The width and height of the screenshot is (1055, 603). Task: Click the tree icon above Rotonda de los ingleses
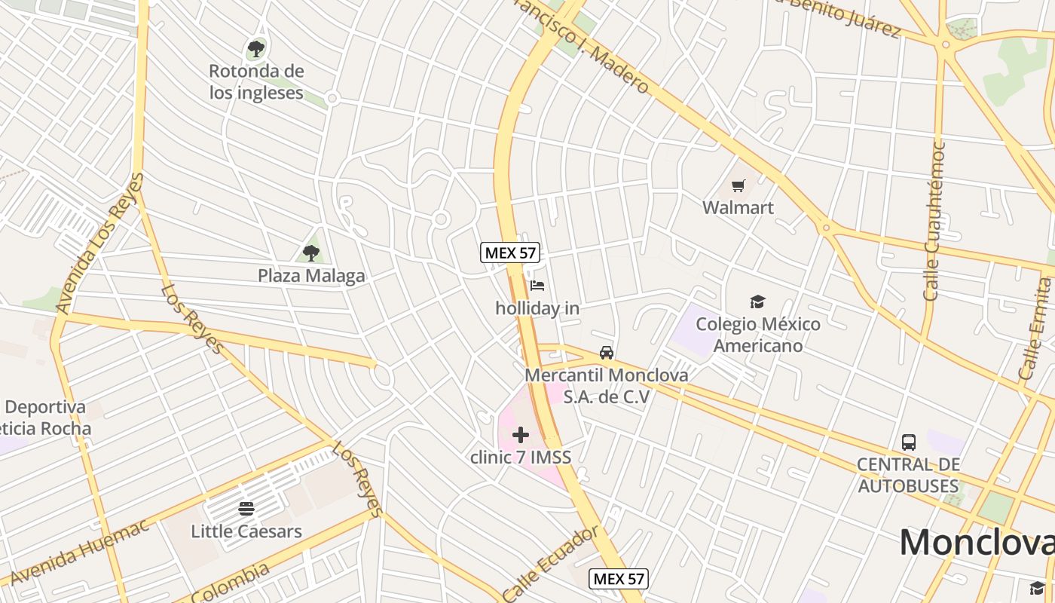256,50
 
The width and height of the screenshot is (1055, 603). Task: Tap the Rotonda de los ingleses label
256,82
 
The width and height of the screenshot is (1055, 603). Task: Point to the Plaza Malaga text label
311,276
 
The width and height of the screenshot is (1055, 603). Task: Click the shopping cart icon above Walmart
738,185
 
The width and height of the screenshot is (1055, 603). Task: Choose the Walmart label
738,207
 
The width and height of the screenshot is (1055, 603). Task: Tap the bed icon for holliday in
537,286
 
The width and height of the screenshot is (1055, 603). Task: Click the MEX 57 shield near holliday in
510,253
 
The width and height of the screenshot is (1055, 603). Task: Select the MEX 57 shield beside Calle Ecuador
619,578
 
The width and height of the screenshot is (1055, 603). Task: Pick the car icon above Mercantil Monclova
607,353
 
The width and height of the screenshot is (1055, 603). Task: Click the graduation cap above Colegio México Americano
757,302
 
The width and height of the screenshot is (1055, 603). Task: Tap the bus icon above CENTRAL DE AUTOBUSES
909,442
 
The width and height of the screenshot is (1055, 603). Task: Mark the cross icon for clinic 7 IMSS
521,435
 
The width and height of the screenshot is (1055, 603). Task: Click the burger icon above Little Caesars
246,509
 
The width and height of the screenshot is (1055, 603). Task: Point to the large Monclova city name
977,543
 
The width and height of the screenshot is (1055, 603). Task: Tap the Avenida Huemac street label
80,555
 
